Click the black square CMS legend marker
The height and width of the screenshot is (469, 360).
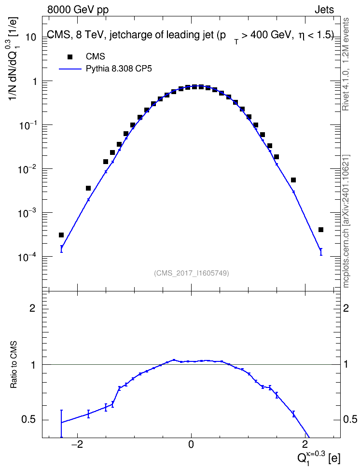click(70, 56)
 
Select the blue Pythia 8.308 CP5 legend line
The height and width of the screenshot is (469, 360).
click(70, 69)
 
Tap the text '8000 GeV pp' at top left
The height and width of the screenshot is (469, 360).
click(78, 10)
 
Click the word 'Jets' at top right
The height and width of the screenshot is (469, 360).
click(324, 10)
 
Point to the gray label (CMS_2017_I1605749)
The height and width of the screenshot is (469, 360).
click(192, 273)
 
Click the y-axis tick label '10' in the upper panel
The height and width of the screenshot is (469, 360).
click(30, 38)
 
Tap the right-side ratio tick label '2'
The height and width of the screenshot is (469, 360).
click(346, 308)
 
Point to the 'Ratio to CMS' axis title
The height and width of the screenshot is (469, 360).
click(14, 365)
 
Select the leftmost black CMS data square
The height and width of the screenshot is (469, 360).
click(61, 235)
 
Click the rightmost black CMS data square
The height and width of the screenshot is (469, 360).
click(321, 230)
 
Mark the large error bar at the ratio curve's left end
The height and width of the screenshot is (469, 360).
click(61, 424)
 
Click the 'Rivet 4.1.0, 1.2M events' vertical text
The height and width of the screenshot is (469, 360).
click(346, 64)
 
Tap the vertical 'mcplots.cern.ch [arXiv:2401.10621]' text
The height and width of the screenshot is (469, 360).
click(346, 221)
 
